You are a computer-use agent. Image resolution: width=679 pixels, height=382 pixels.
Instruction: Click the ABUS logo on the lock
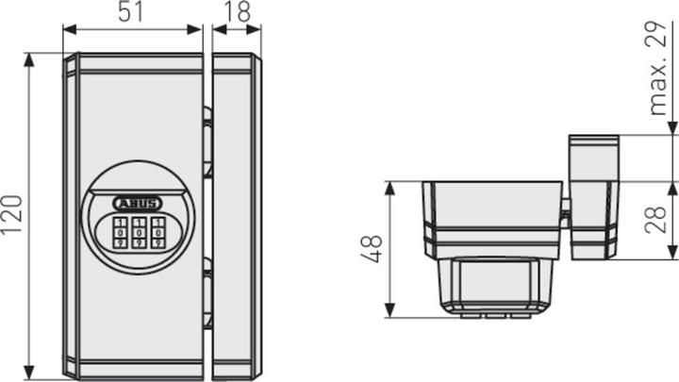(x=137, y=202)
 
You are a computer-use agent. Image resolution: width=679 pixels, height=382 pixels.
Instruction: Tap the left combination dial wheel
(x=121, y=232)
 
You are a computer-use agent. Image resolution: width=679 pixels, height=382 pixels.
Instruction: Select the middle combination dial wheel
(x=139, y=232)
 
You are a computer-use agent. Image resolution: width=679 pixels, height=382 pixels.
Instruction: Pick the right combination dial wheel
(x=157, y=232)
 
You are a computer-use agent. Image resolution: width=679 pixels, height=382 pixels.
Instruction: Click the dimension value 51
(x=133, y=14)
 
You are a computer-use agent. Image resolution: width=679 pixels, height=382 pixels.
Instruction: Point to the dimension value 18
(x=238, y=14)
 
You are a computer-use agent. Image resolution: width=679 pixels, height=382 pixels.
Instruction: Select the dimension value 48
(x=374, y=249)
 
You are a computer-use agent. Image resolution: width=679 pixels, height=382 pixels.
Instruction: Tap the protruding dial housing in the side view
(x=495, y=283)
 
